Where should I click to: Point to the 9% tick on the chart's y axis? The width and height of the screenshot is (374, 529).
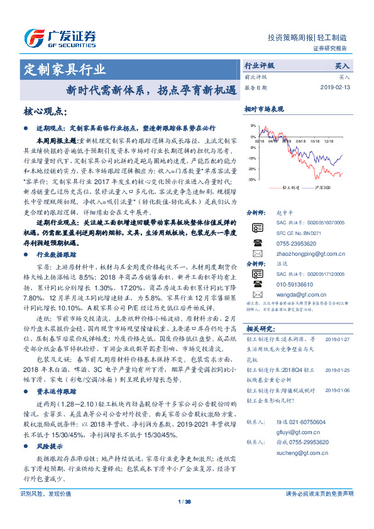click(253, 126)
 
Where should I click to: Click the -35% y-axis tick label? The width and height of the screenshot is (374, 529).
click(251, 180)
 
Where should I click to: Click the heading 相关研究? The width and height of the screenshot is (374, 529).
click(258, 329)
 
